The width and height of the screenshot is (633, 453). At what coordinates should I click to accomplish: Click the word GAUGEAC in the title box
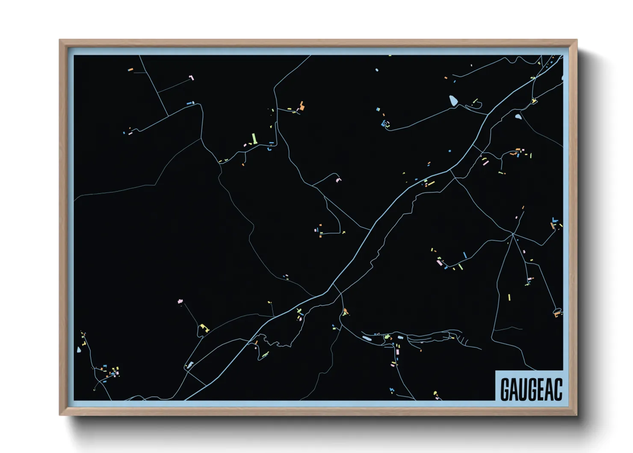coord(531,389)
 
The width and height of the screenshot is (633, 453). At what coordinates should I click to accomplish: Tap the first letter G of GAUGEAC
coord(505,389)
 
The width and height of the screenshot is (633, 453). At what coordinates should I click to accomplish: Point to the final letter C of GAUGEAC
coord(558,389)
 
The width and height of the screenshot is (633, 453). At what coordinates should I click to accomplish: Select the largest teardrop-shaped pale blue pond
coord(453,101)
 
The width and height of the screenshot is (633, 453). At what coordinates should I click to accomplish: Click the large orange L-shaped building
coord(302,106)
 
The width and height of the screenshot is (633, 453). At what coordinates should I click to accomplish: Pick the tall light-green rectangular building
coord(254,138)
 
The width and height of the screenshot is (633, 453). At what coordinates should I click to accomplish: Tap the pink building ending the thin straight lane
coord(192,77)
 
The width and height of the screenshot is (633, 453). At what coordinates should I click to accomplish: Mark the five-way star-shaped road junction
coord(512,234)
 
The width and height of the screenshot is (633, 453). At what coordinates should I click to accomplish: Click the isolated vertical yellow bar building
coord(509,297)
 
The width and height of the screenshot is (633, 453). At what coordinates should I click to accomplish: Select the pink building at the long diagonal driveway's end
coord(180,301)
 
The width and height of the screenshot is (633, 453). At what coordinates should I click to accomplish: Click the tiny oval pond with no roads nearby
coord(377,70)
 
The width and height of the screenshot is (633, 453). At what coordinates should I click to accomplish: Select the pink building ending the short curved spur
coord(339,179)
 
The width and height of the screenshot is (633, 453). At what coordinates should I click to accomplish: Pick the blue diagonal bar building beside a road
coord(464,255)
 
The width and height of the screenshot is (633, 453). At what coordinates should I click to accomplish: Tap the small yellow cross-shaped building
coord(299,310)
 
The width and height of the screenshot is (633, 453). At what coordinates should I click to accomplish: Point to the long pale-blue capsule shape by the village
coord(367,338)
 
